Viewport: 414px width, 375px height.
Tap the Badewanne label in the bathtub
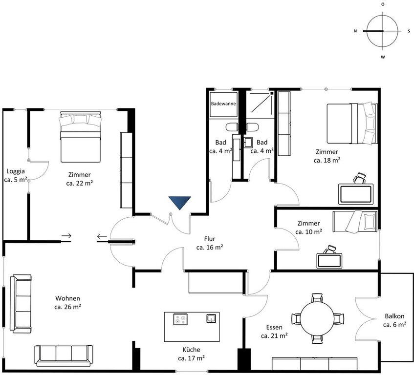223,104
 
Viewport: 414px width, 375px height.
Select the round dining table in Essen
317,318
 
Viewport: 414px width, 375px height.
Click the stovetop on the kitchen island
180,319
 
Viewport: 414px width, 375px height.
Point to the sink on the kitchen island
211,318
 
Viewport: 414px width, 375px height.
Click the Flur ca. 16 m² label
210,243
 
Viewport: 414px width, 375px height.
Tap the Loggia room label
16,171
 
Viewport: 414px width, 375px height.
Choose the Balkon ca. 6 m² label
394,320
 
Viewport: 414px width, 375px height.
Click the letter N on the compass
355,31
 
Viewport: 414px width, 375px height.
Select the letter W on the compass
383,57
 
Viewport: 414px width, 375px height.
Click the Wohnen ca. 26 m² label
67,302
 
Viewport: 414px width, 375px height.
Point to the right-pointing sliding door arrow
66,235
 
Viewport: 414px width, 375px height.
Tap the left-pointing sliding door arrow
102,236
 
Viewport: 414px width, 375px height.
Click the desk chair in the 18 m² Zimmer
359,178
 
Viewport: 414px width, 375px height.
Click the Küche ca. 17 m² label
192,354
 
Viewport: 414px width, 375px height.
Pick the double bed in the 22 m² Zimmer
80,137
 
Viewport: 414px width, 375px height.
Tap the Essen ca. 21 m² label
274,332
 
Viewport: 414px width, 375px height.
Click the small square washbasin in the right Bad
248,142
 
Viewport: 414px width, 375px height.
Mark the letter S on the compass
409,31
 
